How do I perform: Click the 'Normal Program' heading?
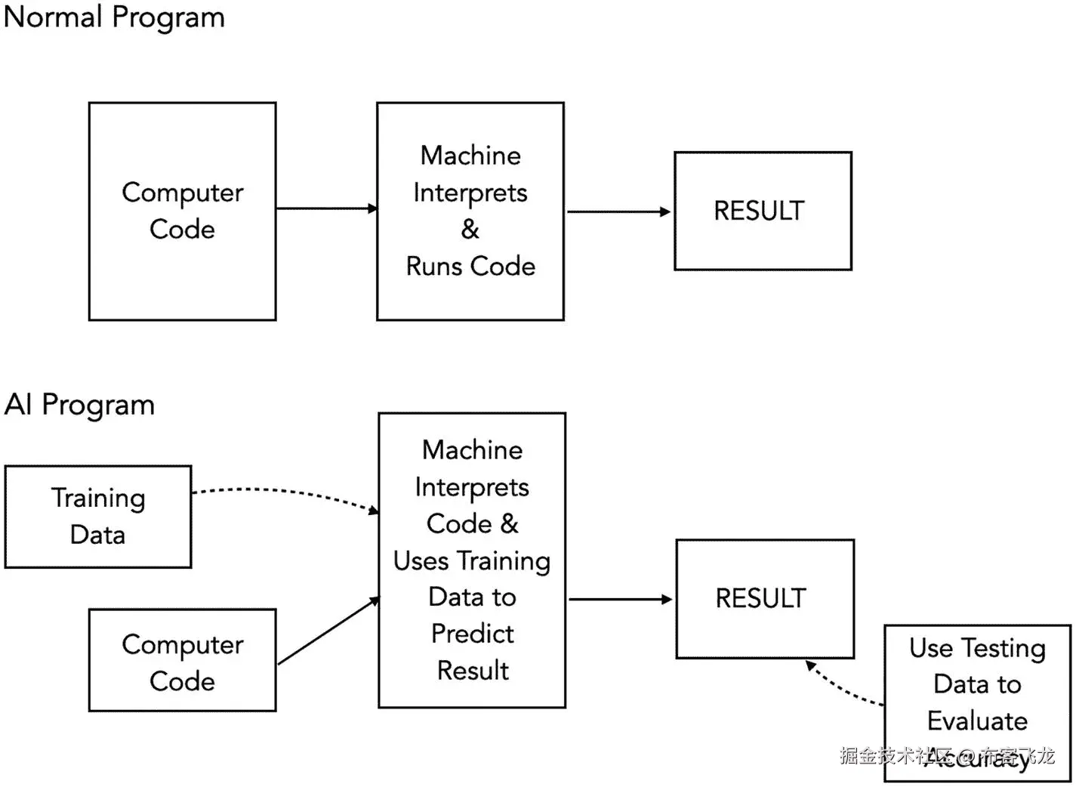pyautogui.click(x=114, y=17)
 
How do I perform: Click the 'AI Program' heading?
pyautogui.click(x=79, y=405)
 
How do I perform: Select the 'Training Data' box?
pyautogui.click(x=98, y=517)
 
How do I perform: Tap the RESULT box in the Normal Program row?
pyautogui.click(x=763, y=211)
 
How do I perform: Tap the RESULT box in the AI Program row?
pyautogui.click(x=764, y=598)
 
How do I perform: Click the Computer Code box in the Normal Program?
pyautogui.click(x=182, y=211)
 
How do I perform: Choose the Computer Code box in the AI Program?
pyautogui.click(x=182, y=661)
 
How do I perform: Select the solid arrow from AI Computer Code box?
pyautogui.click(x=328, y=631)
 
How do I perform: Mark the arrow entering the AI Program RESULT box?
pyautogui.click(x=619, y=599)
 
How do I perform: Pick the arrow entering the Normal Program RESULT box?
pyautogui.click(x=618, y=211)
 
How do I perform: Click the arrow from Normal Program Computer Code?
pyautogui.click(x=326, y=208)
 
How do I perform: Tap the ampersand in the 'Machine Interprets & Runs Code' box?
pyautogui.click(x=470, y=229)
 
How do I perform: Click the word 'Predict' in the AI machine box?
pyautogui.click(x=472, y=634)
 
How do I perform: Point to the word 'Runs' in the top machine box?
pyautogui.click(x=433, y=266)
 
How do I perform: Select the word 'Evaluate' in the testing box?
pyautogui.click(x=977, y=721)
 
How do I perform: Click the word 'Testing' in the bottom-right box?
pyautogui.click(x=1003, y=648)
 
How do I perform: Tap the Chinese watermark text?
pyautogui.click(x=947, y=755)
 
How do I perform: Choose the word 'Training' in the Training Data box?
pyautogui.click(x=98, y=498)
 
